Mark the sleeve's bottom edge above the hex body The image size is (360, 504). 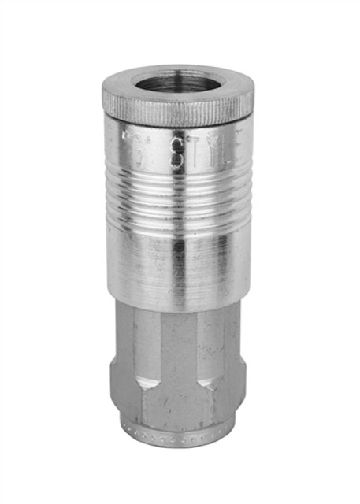(178, 303)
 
